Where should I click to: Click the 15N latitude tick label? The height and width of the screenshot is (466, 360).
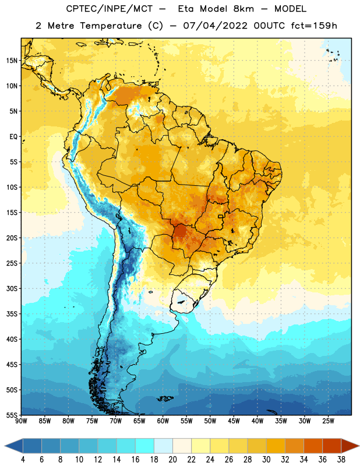[x=12, y=61]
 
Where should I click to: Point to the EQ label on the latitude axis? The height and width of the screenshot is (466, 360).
[x=13, y=137]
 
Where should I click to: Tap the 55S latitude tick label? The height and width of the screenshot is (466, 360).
[x=12, y=415]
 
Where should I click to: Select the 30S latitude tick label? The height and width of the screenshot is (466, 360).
[x=12, y=288]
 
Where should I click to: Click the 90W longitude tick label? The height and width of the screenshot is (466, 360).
[x=21, y=421]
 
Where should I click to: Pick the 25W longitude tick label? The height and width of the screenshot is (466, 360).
[x=328, y=421]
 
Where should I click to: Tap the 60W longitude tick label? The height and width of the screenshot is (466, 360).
[x=163, y=421]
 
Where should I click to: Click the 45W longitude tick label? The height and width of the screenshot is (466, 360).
[x=234, y=421]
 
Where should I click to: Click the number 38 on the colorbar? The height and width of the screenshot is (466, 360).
[x=341, y=460]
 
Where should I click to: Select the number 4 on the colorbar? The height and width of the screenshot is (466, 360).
[x=23, y=460]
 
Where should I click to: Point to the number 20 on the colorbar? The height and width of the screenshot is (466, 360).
[x=172, y=460]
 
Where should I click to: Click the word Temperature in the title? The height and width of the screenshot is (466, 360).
[x=111, y=26]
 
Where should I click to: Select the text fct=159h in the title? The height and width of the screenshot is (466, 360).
[x=314, y=26]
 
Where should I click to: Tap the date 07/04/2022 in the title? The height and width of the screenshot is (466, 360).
[x=215, y=26]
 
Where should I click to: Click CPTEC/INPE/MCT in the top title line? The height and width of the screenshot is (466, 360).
[x=109, y=9]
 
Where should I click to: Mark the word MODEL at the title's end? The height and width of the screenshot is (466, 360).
[x=290, y=9]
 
